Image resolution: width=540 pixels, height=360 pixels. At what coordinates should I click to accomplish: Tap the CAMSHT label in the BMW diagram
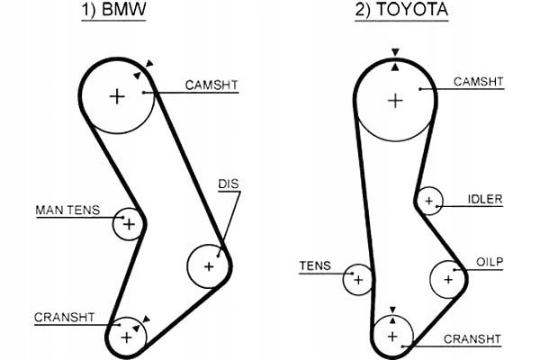point(212,85)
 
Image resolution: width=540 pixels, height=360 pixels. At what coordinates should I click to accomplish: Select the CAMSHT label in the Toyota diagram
point(478,82)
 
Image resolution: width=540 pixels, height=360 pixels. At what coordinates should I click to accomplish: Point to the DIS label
point(229,184)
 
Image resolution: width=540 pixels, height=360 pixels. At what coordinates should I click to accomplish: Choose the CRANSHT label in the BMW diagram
point(64,317)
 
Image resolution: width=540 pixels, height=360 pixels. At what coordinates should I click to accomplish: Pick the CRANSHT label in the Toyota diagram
point(472,338)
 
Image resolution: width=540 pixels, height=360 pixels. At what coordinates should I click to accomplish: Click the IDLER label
point(485,199)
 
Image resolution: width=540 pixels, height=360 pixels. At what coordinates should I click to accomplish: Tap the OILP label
point(490,262)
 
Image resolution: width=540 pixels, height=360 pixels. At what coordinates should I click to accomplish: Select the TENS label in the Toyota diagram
point(316,266)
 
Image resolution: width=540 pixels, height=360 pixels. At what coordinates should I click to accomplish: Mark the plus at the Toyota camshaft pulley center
point(393,99)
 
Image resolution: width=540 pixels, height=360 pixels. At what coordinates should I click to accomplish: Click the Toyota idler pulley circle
point(429,201)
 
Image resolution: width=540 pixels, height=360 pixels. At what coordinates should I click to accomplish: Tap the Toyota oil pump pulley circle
point(446,279)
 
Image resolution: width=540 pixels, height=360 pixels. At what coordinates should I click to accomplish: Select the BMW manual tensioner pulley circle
point(128,224)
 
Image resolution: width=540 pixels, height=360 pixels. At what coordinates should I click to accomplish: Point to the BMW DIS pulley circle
point(209,266)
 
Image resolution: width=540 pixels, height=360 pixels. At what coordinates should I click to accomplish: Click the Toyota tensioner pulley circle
point(358,279)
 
